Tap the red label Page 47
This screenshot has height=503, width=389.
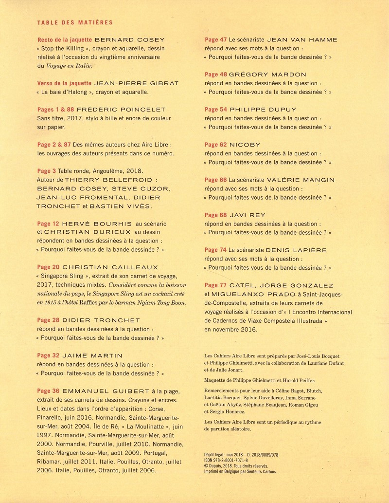pyautogui.click(x=216, y=40)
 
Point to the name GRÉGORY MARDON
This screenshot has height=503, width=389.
pyautogui.click(x=267, y=75)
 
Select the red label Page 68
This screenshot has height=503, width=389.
pyautogui.click(x=216, y=215)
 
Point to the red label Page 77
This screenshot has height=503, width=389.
pyautogui.click(x=216, y=285)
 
